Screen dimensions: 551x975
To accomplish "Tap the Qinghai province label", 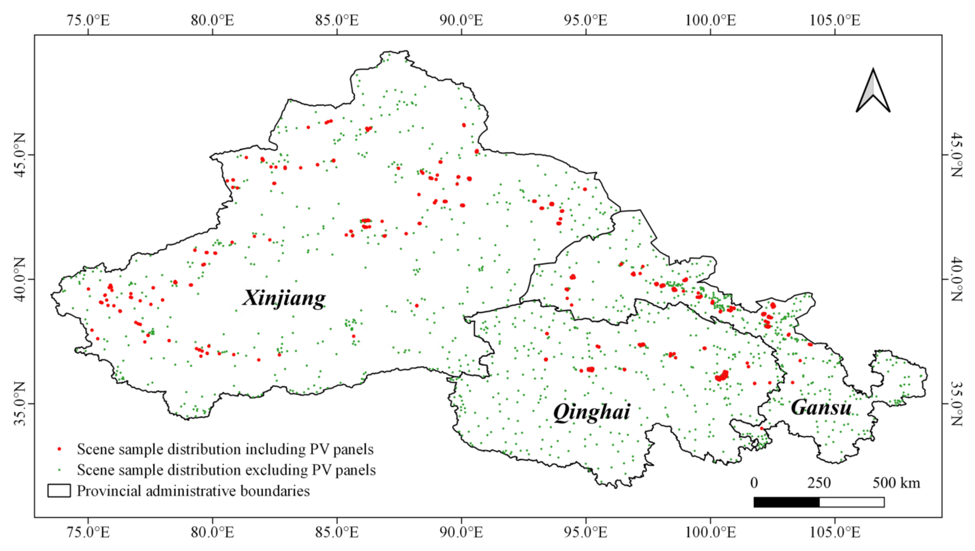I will pos(591,412).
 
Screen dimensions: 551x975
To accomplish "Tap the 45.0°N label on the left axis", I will pos(20,155).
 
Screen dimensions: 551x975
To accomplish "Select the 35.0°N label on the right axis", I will pos(956,403).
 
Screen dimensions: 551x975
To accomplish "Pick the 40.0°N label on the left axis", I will pos(20,279).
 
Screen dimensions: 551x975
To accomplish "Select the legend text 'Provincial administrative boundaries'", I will pos(193,491).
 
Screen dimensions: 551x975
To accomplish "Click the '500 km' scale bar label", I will pos(896,483).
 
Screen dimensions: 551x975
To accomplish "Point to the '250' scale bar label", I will pos(819,483).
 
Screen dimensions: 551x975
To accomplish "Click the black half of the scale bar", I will pos(786,502).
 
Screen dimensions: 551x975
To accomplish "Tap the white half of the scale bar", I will pos(852,502).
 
